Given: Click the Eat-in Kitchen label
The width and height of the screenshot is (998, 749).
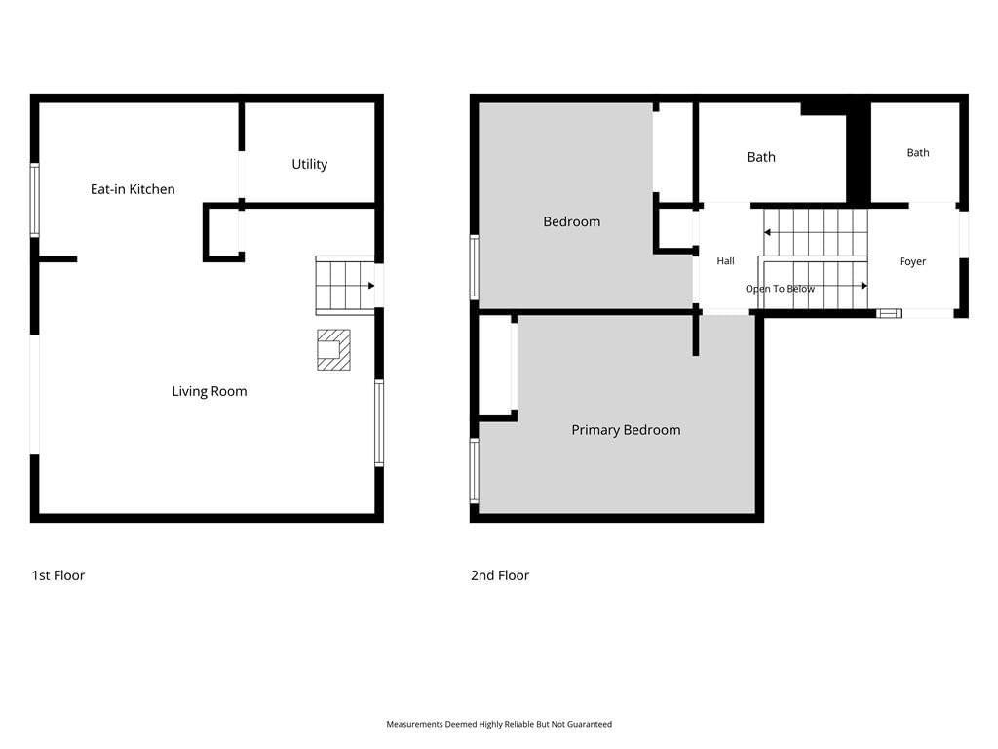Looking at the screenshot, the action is (133, 189).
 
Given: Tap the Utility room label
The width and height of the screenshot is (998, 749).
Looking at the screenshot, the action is (309, 164).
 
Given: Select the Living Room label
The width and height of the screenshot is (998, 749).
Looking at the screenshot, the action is (210, 391).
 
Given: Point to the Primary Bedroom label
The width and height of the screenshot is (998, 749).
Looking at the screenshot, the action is (626, 430).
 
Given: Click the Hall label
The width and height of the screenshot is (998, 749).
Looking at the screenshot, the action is (725, 261).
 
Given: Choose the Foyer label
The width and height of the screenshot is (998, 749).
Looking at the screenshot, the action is (912, 261).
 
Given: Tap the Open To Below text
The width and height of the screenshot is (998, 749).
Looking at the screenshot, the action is (780, 289).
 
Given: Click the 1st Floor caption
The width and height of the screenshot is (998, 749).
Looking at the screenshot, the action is (58, 575).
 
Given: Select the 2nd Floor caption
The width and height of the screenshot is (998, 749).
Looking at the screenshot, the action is (500, 575).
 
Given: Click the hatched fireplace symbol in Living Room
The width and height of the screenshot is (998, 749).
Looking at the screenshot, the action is (333, 350).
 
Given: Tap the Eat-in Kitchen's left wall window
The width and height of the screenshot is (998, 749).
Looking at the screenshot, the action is (35, 201).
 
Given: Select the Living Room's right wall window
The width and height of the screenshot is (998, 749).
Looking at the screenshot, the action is (379, 423).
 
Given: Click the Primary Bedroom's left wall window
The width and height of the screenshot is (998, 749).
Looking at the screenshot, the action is (475, 471).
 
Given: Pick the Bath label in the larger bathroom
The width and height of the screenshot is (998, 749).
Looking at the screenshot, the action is (761, 157).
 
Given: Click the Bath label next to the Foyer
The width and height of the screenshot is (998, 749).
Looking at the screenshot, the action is (918, 153).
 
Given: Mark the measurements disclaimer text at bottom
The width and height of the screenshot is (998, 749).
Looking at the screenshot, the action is (499, 725).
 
